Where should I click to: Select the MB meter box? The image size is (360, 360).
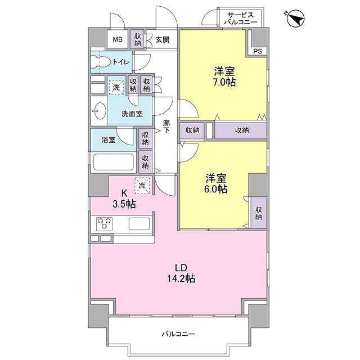coord(117,39)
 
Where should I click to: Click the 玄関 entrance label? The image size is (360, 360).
coord(162,39)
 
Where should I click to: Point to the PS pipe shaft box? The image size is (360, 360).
coord(257,51)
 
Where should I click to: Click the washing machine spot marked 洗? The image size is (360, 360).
coord(116,87)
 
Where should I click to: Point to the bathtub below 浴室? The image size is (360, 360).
coord(113,163)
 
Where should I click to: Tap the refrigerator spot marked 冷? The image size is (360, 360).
coord(142,185)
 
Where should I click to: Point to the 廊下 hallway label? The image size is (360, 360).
coord(166,127)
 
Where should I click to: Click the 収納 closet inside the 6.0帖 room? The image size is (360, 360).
coord(259,213)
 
